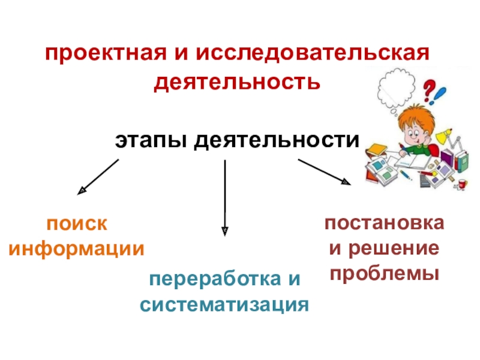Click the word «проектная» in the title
click(96, 56)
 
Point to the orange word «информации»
click(77, 248)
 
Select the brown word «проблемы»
click(384, 274)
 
